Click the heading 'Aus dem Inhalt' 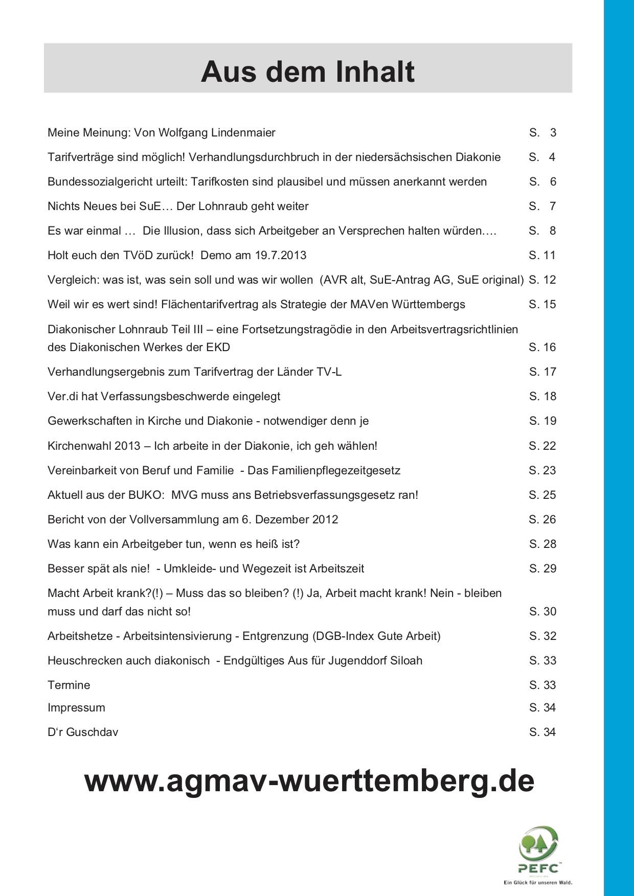click(308, 72)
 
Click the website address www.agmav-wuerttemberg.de click(309, 781)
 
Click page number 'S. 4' click(542, 157)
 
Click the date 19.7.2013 click(281, 256)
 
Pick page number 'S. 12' click(542, 280)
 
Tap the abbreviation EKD click(218, 348)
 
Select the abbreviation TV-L click(329, 372)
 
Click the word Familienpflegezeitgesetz click(324, 470)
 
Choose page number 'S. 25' click(542, 495)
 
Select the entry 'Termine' click(69, 685)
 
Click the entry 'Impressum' click(76, 708)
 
